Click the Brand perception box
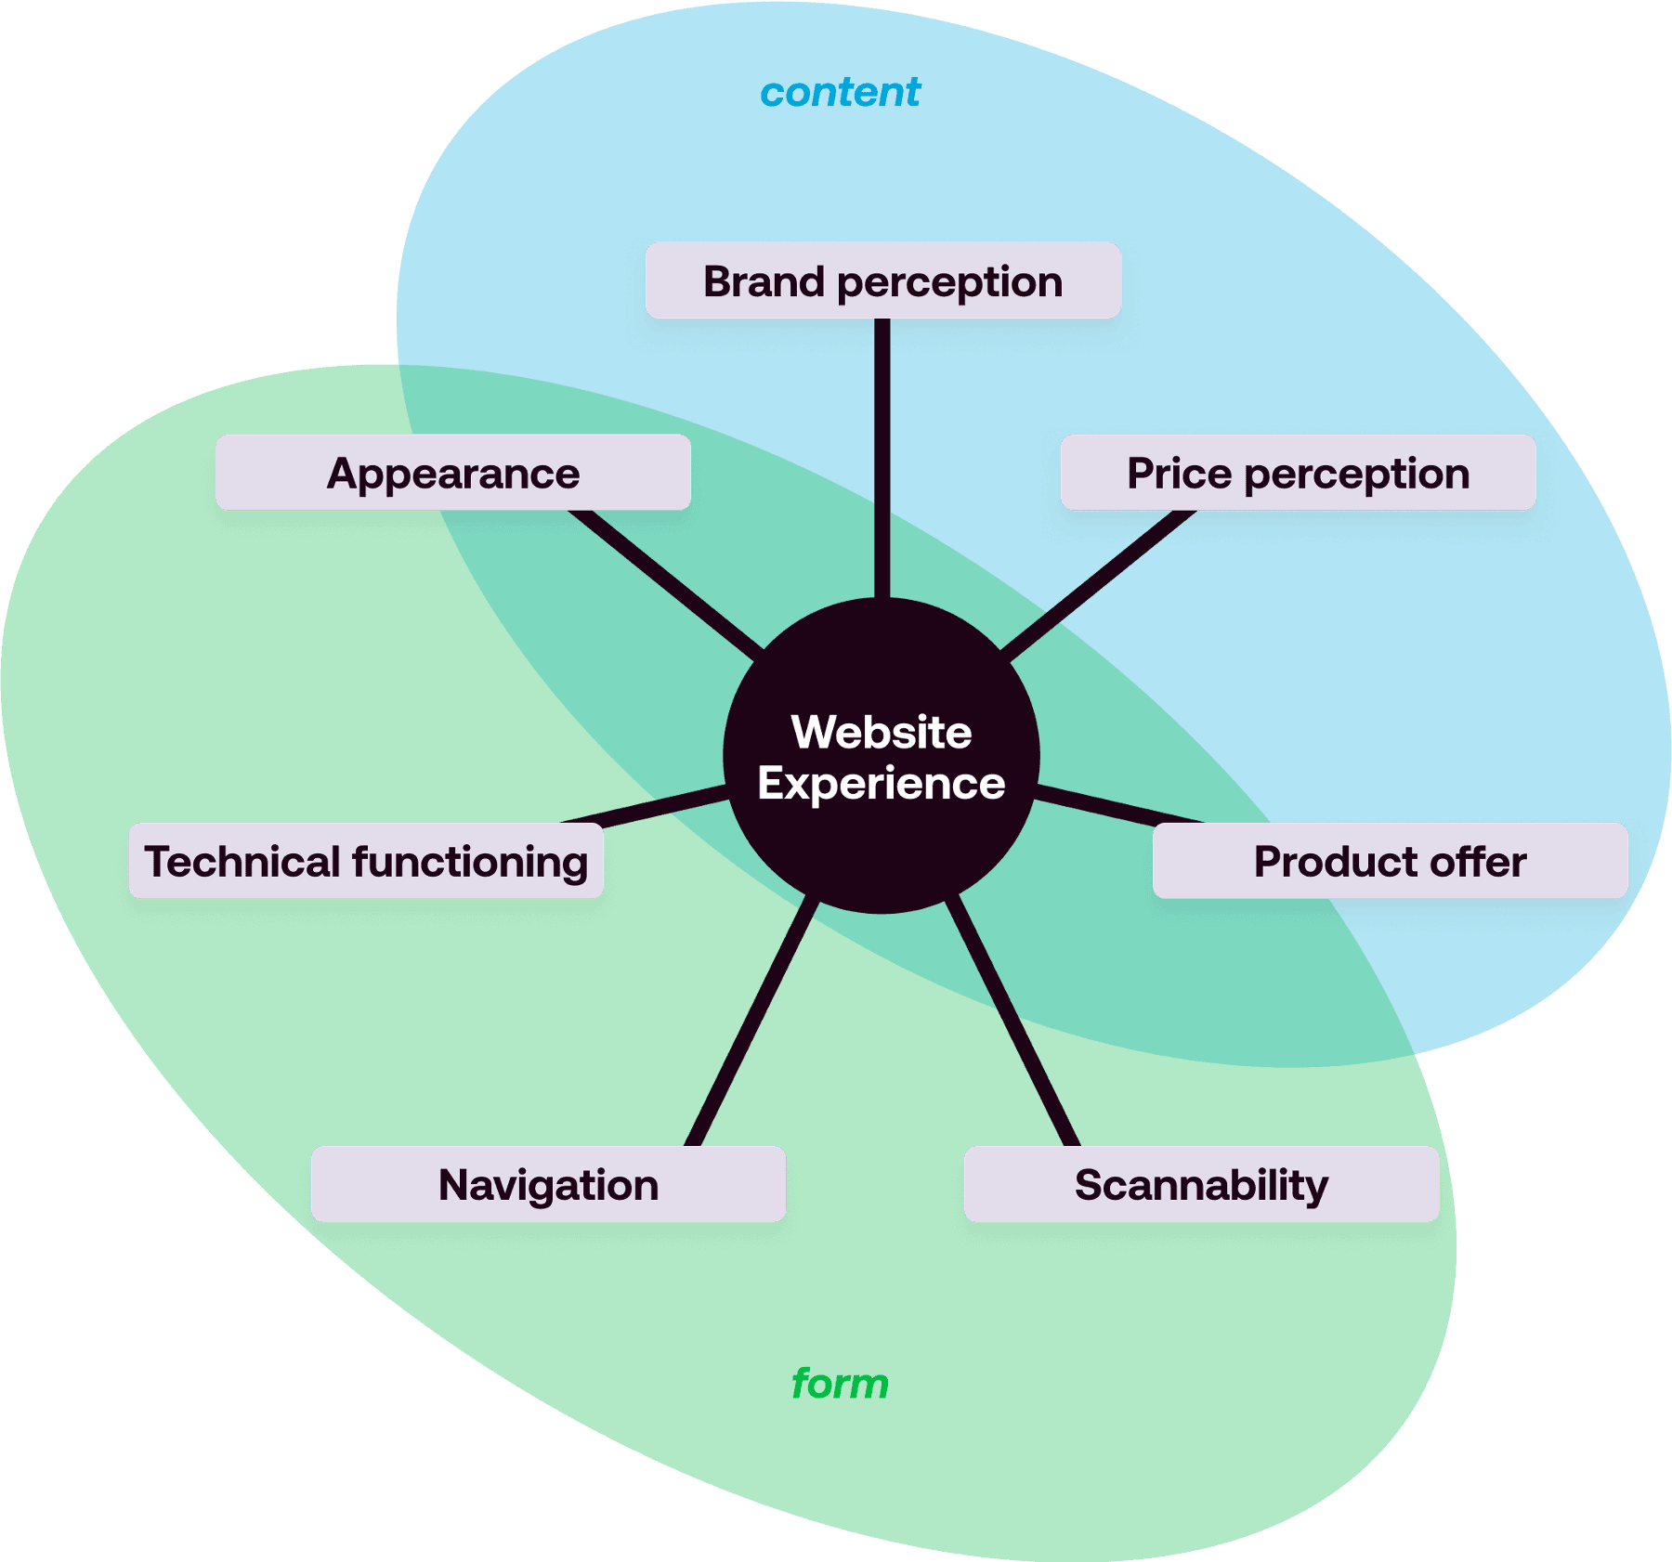(x=882, y=280)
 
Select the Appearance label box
(x=453, y=473)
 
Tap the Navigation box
(x=548, y=1184)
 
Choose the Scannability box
(x=1201, y=1184)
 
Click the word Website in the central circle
(x=882, y=732)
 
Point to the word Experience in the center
(x=881, y=783)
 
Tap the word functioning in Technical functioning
(x=470, y=862)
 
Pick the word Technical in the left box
(x=243, y=862)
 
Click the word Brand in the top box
(x=764, y=281)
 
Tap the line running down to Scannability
(x=1013, y=1022)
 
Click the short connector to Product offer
(x=1119, y=805)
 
